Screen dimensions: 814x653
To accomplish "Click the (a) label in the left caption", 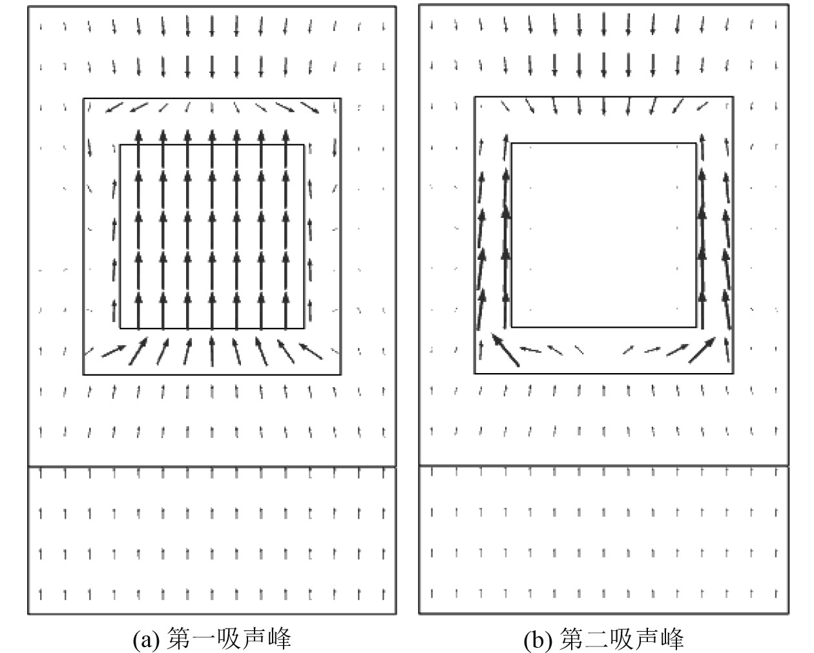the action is [147, 639].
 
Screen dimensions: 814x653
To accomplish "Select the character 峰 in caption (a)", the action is [280, 639].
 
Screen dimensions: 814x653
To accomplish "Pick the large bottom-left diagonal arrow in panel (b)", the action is [505, 350].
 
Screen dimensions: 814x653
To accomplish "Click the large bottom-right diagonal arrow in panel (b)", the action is [703, 349].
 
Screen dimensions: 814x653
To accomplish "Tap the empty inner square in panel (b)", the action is [604, 235].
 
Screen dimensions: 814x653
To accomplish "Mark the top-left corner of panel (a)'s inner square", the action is [121, 145].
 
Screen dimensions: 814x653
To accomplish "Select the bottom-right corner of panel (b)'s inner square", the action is [696, 327].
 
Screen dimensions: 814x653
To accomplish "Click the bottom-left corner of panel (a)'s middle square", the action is [83, 374].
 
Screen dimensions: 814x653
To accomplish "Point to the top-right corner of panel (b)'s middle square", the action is [733, 97].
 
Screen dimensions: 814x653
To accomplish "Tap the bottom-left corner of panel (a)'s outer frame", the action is [28, 613].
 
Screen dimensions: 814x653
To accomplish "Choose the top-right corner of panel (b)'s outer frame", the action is [789, 6].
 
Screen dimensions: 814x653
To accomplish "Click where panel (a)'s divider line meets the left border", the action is [28, 466].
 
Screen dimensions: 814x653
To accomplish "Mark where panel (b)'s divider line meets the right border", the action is [789, 466].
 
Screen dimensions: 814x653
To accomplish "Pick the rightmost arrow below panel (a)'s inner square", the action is [311, 350].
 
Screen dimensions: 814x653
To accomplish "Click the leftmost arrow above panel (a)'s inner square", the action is [114, 107].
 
